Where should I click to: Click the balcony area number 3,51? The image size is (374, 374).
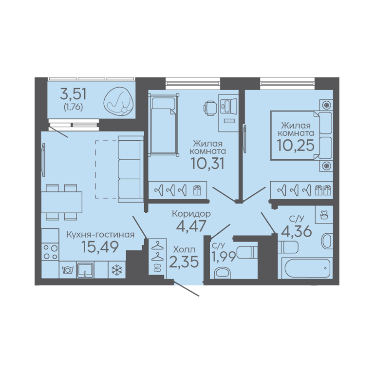click(x=73, y=93)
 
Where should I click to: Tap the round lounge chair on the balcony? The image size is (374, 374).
click(x=118, y=102)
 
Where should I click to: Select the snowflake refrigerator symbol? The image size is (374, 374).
click(x=117, y=270)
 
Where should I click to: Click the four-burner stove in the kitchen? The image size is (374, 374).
click(x=50, y=252)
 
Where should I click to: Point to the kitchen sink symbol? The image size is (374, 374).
click(x=85, y=270)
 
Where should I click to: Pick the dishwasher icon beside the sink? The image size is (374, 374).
click(x=68, y=270)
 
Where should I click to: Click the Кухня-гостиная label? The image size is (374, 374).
click(x=100, y=235)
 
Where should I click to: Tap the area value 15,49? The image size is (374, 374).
click(x=100, y=246)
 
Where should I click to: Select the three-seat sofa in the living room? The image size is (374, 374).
click(x=131, y=169)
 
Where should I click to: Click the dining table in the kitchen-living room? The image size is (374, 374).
click(x=62, y=202)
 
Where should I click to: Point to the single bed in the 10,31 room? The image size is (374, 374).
click(x=164, y=125)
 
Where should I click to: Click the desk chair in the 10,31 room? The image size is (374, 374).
click(x=210, y=107)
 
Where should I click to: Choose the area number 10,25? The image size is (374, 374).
click(x=295, y=145)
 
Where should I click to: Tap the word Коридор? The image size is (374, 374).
click(x=191, y=214)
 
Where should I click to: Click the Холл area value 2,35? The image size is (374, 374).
click(x=184, y=262)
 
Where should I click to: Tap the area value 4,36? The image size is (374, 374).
click(x=297, y=231)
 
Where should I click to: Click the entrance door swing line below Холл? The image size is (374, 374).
click(x=187, y=289)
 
